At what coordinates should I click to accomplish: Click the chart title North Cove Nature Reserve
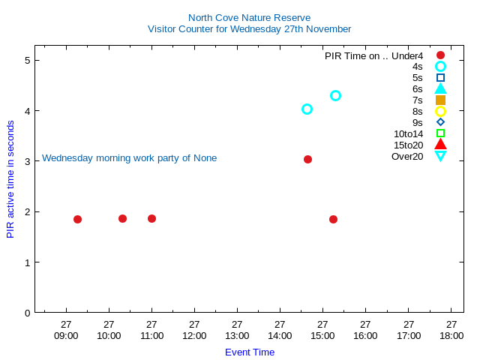tap(249, 17)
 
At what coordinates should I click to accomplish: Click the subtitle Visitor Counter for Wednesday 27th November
tap(249, 29)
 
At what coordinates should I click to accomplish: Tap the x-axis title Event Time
tap(250, 352)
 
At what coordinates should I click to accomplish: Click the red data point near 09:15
tap(77, 219)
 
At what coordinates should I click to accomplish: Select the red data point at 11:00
tap(151, 218)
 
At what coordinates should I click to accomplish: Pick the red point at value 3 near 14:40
tap(307, 159)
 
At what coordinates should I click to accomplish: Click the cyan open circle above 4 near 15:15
tap(335, 95)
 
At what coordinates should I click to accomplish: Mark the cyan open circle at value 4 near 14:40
tap(307, 109)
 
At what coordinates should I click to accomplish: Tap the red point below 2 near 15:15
tap(333, 219)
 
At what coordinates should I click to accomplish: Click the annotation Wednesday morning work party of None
tap(129, 158)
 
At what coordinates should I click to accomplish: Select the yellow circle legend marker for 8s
tap(440, 111)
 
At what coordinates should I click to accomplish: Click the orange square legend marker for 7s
tap(440, 100)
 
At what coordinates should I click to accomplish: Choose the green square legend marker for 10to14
tap(440, 133)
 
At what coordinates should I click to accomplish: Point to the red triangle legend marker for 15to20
tap(440, 144)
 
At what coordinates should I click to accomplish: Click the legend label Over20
tap(407, 156)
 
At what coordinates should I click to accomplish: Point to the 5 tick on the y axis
tap(27, 60)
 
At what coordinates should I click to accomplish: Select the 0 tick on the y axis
tap(27, 313)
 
